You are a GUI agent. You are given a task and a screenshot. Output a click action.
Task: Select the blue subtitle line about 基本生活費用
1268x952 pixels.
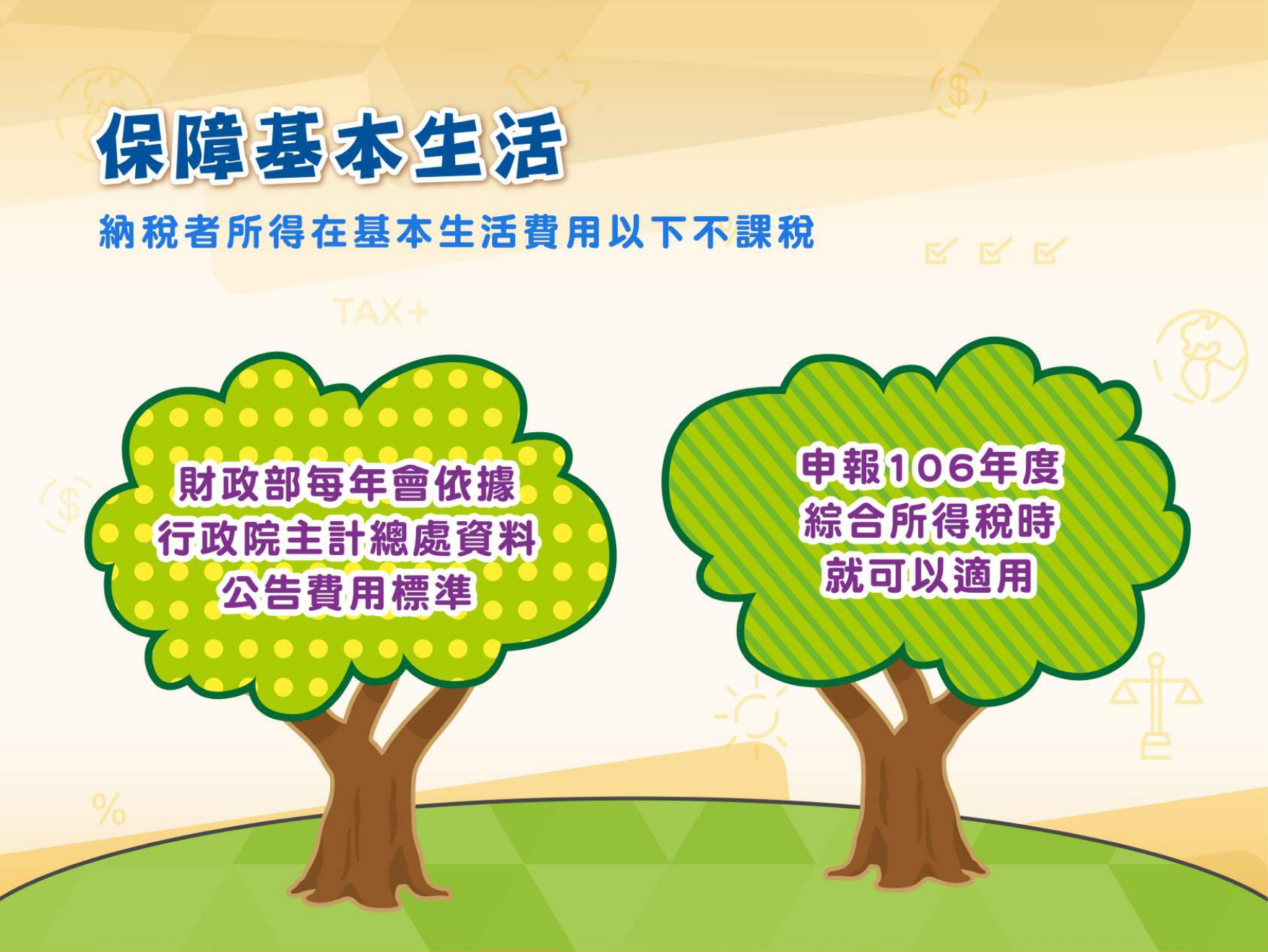tap(457, 232)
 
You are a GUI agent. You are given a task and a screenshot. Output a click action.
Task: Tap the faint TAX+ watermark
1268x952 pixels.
tap(381, 313)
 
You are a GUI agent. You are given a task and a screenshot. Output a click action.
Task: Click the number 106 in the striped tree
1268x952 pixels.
tap(931, 468)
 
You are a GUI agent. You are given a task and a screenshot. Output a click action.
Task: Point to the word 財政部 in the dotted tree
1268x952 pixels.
tap(239, 483)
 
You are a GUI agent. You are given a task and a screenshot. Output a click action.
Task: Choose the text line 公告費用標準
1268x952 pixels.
tap(347, 593)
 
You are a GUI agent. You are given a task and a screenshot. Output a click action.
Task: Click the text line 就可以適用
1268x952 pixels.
tap(929, 576)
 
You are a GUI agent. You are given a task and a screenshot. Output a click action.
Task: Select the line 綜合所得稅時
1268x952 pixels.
tap(929, 521)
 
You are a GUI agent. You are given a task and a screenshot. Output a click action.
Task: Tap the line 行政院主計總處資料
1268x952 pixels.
tap(347, 539)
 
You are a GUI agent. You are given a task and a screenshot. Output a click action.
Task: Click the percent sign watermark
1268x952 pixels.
tap(109, 809)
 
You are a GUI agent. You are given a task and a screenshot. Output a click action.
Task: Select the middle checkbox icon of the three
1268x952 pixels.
tap(996, 250)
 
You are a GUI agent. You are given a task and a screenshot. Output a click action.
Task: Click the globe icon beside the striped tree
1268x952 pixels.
tap(1201, 356)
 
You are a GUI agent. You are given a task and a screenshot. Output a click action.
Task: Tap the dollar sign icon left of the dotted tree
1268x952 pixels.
tap(67, 504)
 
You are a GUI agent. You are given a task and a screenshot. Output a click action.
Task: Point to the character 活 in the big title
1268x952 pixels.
tap(529, 147)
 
